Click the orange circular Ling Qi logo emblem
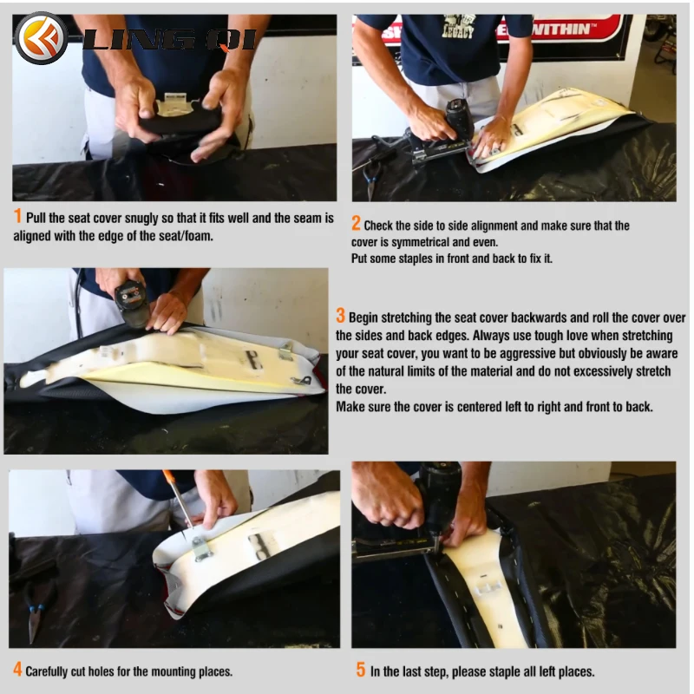pyautogui.click(x=41, y=38)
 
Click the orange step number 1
pyautogui.click(x=17, y=216)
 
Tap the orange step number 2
pyautogui.click(x=356, y=224)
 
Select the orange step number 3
pyautogui.click(x=340, y=316)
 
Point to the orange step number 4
pyautogui.click(x=17, y=669)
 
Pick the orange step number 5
pyautogui.click(x=361, y=670)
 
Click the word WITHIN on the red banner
pyautogui.click(x=563, y=29)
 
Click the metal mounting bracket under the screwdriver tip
pyautogui.click(x=201, y=548)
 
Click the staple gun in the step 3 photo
pyautogui.click(x=133, y=303)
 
